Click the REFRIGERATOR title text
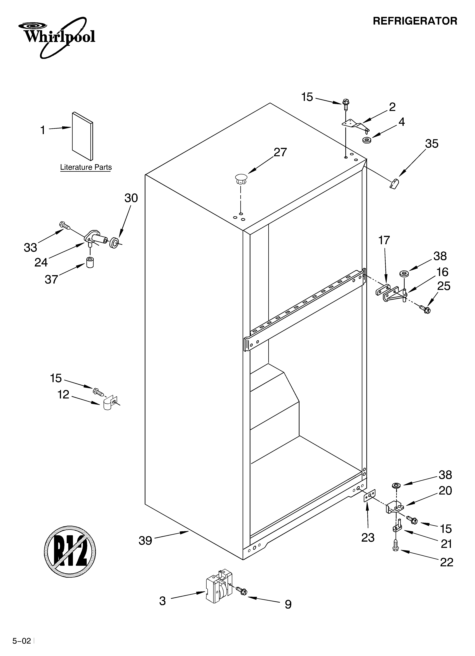point(415,21)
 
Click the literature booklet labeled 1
point(83,136)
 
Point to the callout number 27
point(280,152)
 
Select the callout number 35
point(432,144)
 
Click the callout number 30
point(131,198)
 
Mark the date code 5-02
point(21,639)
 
